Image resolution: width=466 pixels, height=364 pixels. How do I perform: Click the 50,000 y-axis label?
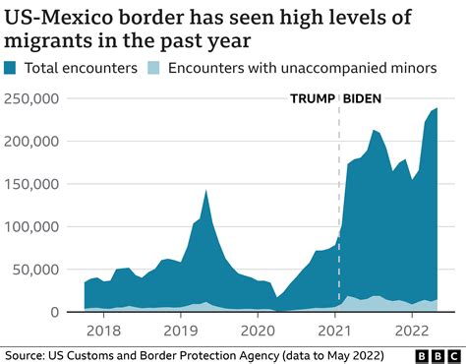click(38, 270)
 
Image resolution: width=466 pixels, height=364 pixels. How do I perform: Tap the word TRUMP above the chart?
click(312, 98)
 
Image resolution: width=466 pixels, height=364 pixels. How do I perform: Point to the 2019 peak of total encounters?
click(205, 191)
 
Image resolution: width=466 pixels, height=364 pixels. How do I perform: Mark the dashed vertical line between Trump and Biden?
click(339, 197)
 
